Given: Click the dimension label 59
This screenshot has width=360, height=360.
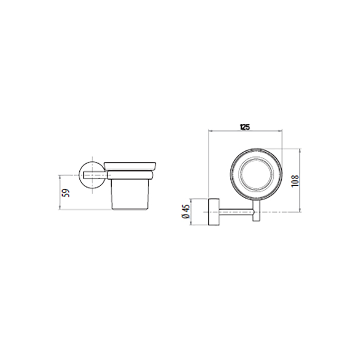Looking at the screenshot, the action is click(x=66, y=193).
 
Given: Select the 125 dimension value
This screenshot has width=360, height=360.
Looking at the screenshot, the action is click(x=244, y=127).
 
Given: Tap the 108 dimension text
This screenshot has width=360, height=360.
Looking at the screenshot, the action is click(x=296, y=181).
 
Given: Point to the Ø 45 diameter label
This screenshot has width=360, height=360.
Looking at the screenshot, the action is click(x=186, y=212).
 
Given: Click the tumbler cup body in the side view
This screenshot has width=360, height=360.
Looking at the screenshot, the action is click(x=130, y=194).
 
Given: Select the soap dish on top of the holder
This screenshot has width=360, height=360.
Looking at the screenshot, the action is click(x=130, y=166).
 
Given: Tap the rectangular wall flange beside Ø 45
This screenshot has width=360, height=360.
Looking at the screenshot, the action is click(x=214, y=212).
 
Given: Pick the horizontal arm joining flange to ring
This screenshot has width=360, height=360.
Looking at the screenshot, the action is click(x=237, y=212).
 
